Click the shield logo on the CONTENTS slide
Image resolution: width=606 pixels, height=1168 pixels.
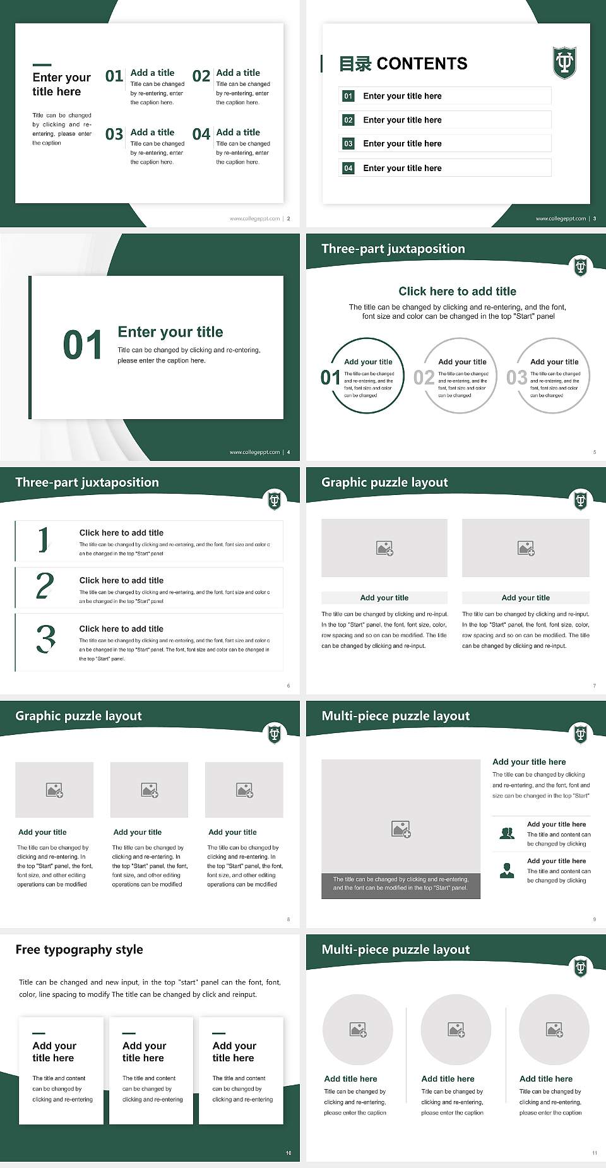pos(564,63)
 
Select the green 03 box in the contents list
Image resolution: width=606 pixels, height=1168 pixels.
pos(348,144)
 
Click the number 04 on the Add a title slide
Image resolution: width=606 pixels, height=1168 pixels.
pos(201,134)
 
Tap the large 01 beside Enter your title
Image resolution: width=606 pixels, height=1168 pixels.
pos(83,345)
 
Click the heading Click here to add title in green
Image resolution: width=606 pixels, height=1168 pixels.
pos(457,291)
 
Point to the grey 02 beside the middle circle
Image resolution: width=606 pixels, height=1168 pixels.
pos(424,378)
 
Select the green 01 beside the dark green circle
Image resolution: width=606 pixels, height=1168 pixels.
pos(330,378)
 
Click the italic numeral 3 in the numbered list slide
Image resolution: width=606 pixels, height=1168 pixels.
pos(45,639)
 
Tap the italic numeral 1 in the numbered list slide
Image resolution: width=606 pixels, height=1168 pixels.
pos(43,540)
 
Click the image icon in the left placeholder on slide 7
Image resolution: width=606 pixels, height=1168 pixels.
pos(384,548)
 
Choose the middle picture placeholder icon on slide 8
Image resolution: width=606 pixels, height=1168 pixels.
pos(150,790)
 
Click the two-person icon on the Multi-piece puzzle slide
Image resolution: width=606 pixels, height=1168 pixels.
pos(506,833)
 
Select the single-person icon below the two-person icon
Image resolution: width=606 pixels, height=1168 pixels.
pos(506,871)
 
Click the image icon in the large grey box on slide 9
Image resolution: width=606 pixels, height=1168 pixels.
pos(401,829)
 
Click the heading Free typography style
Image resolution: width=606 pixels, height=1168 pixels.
pos(79,950)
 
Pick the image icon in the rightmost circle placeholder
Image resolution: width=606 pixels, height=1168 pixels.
pos(554,1030)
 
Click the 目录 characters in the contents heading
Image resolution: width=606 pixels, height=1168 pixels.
pos(355,64)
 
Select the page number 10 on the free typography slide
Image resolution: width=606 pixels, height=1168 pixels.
pos(288,1153)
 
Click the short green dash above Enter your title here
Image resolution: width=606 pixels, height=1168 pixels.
pos(42,64)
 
